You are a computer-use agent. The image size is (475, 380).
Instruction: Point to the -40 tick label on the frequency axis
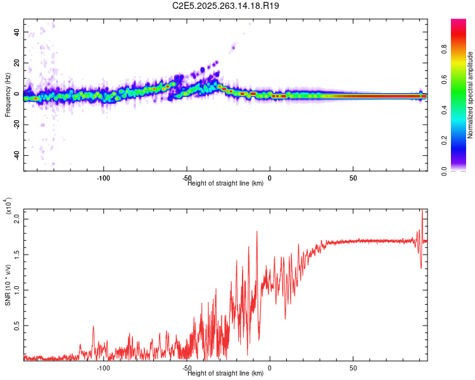click(x=16, y=155)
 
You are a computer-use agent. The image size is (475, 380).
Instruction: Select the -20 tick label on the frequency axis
click(x=16, y=124)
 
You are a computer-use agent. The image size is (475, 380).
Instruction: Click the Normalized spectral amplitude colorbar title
click(x=471, y=95)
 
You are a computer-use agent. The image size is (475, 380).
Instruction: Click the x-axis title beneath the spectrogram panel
click(x=225, y=184)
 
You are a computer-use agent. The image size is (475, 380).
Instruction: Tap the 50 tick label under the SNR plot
click(x=353, y=367)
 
